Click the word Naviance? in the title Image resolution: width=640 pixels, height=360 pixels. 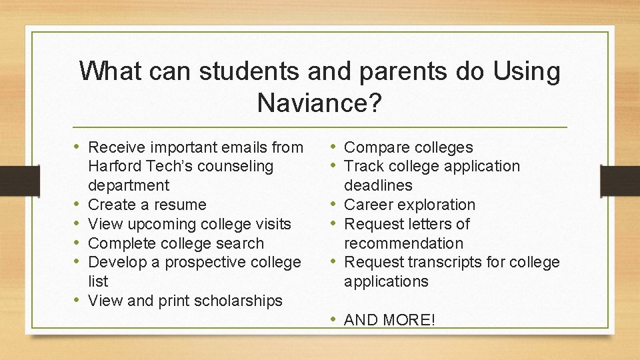319,103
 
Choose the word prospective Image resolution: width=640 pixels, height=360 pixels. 209,263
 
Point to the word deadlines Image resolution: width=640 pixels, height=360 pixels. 378,185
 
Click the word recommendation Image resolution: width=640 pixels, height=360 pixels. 403,243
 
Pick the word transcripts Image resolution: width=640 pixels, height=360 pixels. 443,263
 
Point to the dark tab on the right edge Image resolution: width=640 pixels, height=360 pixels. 620,180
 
